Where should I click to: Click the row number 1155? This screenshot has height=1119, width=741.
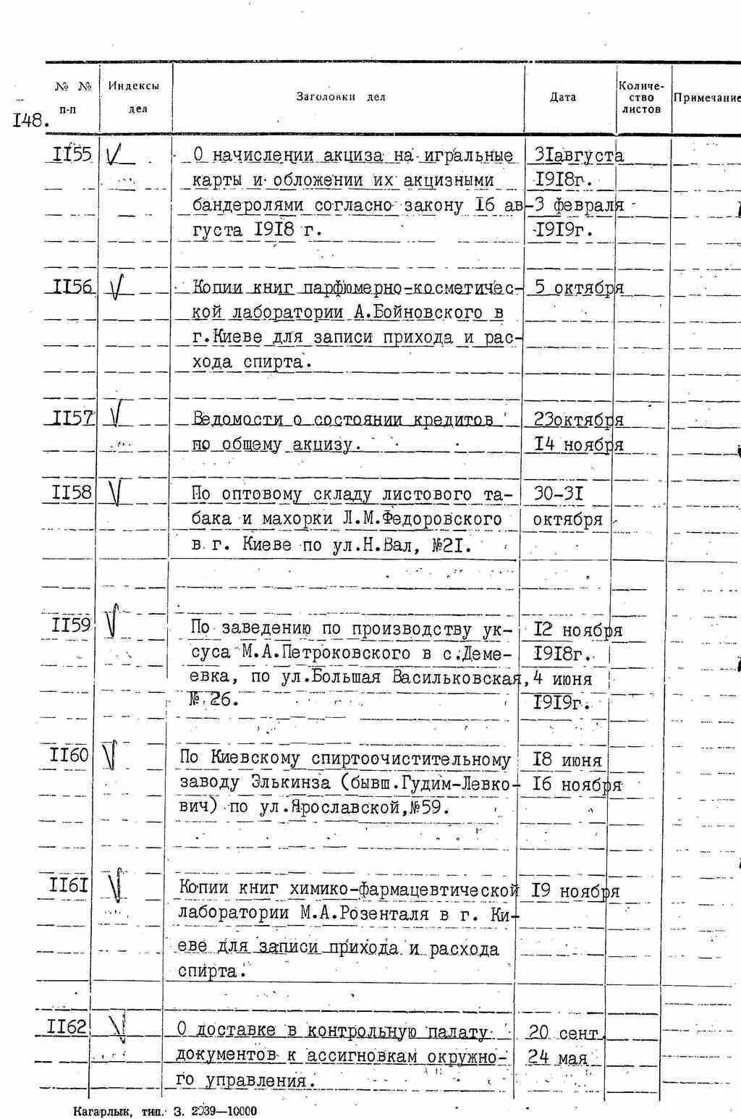pos(72,154)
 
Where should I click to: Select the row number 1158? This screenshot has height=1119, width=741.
pos(72,493)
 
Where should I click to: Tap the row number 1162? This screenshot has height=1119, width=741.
pos(66,1026)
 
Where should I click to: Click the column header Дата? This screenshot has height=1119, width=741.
pos(563,97)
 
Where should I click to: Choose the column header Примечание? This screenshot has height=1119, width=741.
pos(706,98)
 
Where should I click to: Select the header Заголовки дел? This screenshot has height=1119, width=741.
pos(341,97)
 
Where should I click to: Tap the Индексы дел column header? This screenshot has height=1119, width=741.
pos(135,97)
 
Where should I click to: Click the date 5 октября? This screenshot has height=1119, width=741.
pos(577,287)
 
